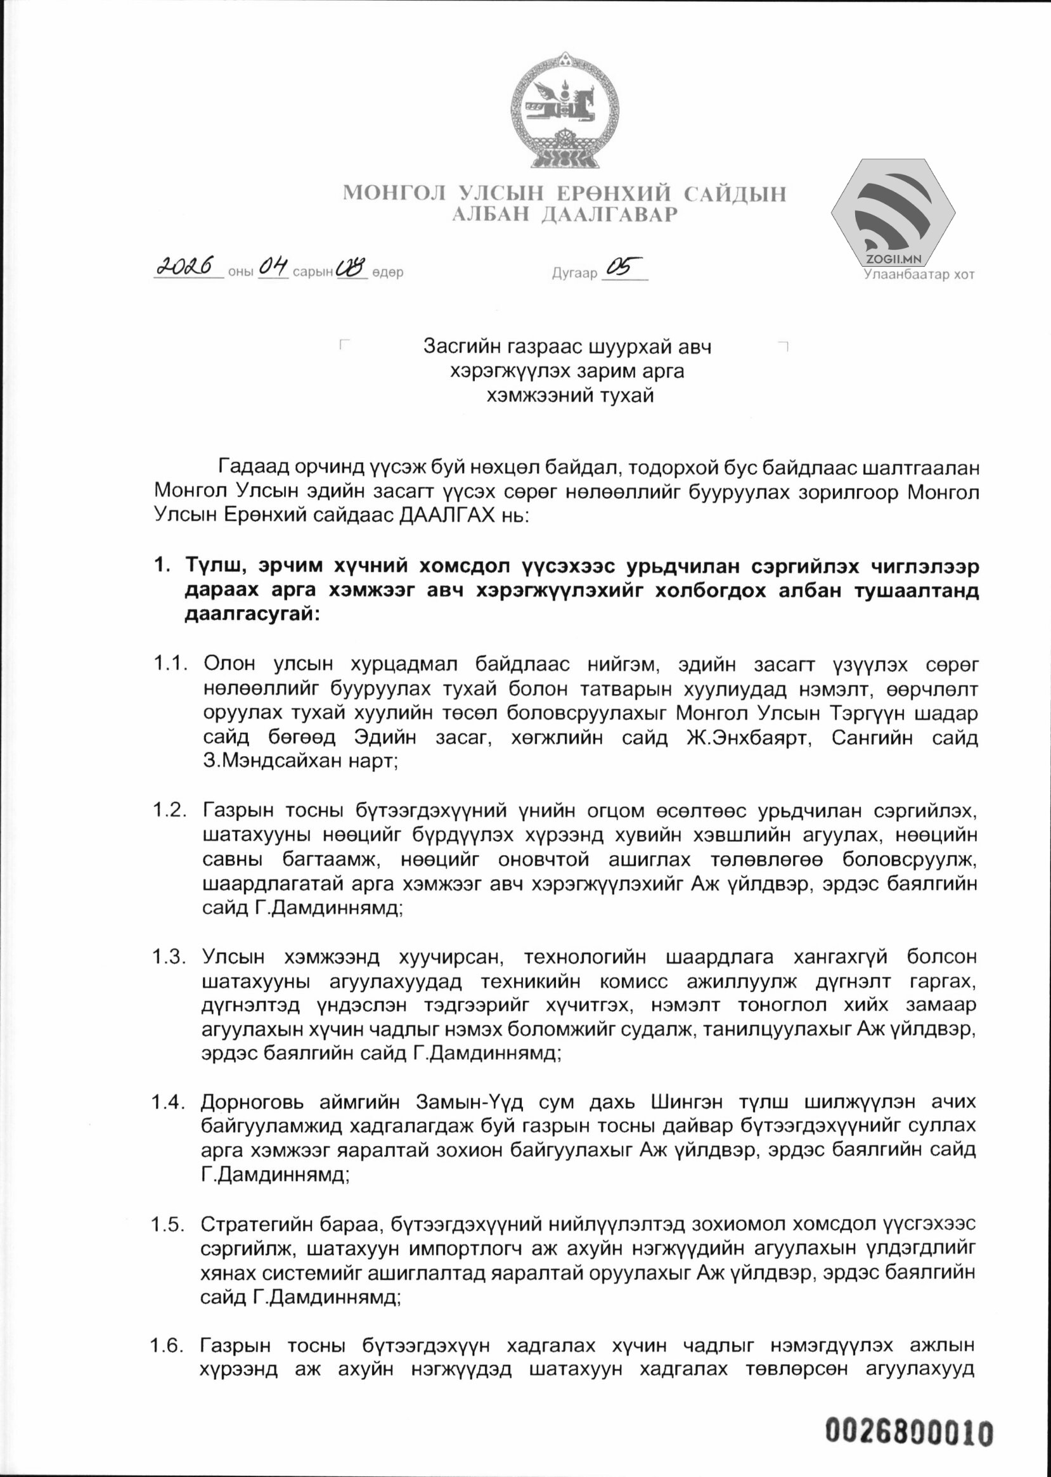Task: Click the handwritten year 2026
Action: (187, 267)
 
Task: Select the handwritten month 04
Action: (273, 267)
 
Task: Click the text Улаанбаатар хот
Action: (919, 274)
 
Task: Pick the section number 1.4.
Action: (169, 1101)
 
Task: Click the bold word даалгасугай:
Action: (252, 614)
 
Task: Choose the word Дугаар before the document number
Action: (574, 273)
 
